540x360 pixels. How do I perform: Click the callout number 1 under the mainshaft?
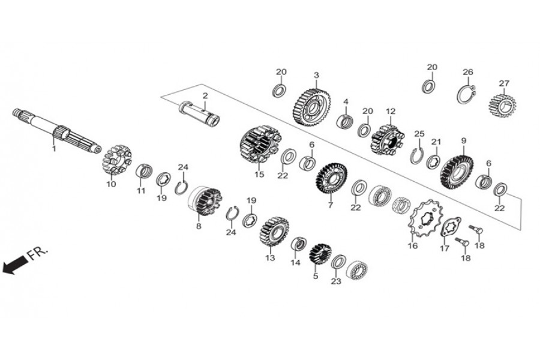click(x=54, y=149)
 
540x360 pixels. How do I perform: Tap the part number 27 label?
click(x=504, y=83)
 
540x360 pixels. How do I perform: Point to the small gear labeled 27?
click(x=502, y=106)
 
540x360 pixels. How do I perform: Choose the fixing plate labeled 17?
click(x=451, y=227)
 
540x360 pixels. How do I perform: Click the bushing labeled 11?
click(x=143, y=171)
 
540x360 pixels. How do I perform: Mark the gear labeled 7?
click(x=332, y=178)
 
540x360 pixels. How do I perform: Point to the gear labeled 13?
click(x=274, y=231)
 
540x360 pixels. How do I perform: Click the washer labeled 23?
click(x=339, y=263)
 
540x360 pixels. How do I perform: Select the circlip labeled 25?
click(x=418, y=156)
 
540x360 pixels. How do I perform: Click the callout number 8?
click(x=199, y=227)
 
